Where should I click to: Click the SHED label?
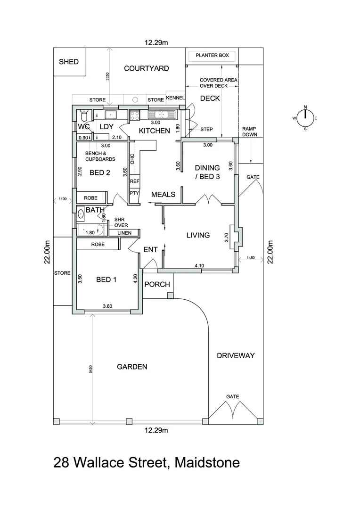(x=69, y=62)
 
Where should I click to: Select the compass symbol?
(x=305, y=118)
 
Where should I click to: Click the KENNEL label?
(x=175, y=98)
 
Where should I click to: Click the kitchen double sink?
(x=161, y=114)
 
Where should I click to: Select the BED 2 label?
(x=99, y=172)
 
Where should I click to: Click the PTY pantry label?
(x=133, y=193)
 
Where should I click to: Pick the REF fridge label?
(x=134, y=181)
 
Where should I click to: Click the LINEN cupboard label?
(x=124, y=233)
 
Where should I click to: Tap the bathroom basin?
(x=81, y=214)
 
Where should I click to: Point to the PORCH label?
(x=157, y=284)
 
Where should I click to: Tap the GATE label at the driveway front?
(x=233, y=396)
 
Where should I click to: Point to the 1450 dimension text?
(x=250, y=258)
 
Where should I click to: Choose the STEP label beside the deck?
(x=206, y=129)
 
